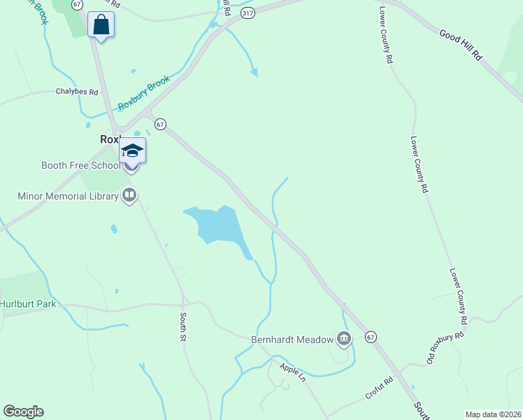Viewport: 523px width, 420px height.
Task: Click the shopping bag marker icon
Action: tap(101, 24)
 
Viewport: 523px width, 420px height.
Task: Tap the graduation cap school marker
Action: tap(132, 150)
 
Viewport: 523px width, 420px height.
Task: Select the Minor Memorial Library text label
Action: tap(68, 197)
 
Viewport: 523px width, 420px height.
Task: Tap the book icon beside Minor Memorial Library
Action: tap(129, 196)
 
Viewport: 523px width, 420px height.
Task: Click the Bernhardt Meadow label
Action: tap(292, 339)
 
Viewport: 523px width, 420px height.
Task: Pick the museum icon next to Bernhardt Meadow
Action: tap(343, 339)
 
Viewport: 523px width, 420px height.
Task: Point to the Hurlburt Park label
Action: tap(28, 304)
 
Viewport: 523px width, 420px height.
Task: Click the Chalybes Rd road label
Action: tap(77, 92)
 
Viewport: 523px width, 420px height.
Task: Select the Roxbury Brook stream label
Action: tap(143, 92)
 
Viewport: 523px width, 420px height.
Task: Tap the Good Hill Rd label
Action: tap(462, 43)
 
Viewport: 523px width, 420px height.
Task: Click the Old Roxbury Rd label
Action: tap(445, 349)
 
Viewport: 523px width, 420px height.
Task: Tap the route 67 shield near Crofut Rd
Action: tap(371, 337)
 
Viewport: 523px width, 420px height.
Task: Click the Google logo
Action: tap(23, 412)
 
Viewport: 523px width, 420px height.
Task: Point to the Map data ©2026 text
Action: tap(492, 414)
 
